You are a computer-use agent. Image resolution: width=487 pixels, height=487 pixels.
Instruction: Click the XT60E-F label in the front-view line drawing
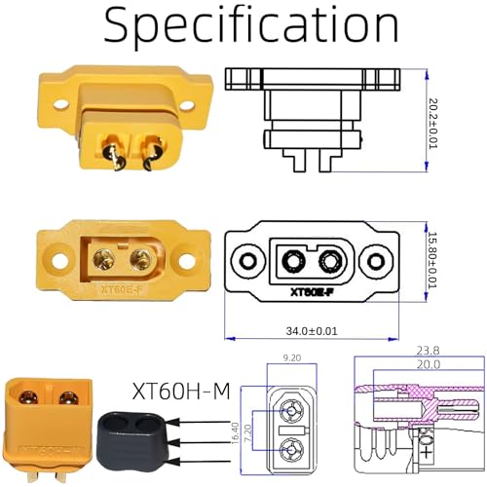pyautogui.click(x=313, y=290)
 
